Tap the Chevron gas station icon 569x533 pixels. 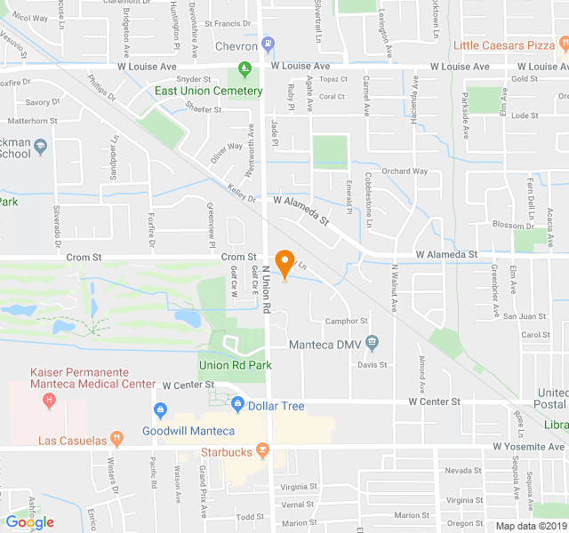[268, 44]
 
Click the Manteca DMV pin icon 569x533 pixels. [372, 342]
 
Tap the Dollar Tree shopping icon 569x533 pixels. [237, 405]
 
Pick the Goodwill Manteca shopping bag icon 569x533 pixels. [160, 410]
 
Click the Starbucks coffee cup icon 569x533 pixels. [264, 451]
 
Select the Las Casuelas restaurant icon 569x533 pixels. [116, 439]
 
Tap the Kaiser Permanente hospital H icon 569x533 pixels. [49, 401]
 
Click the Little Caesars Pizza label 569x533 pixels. [505, 44]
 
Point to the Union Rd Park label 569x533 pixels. [236, 364]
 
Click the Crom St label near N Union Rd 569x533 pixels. [238, 256]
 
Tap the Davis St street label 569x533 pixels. [373, 364]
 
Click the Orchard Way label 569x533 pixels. [405, 171]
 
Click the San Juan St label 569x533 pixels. [525, 315]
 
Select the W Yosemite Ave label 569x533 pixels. [529, 446]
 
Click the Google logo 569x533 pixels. [30, 522]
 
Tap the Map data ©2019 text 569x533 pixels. [531, 526]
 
